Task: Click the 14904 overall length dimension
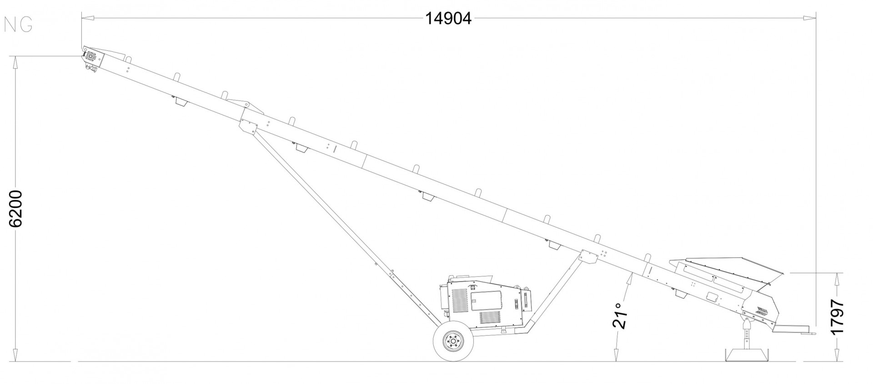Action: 448,19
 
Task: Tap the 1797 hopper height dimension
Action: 837,316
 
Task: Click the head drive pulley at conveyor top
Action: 90,57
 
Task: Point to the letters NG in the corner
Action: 18,26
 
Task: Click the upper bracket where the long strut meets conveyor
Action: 249,126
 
